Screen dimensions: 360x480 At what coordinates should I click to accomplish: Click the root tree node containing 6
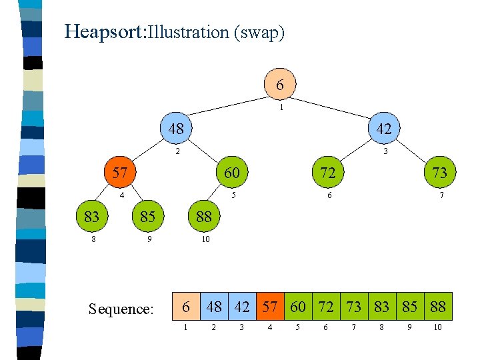click(x=280, y=85)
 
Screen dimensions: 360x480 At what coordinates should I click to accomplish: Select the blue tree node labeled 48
click(x=176, y=128)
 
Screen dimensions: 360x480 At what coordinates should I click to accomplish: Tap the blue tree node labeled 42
click(x=384, y=128)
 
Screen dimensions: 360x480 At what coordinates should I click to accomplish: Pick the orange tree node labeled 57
click(x=120, y=173)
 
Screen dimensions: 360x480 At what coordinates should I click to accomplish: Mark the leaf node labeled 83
click(x=93, y=216)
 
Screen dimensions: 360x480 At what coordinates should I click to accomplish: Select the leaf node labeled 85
click(x=148, y=216)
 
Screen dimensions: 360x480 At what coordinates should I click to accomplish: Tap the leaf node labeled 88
click(x=204, y=216)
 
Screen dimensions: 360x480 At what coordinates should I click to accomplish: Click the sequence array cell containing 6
click(x=187, y=307)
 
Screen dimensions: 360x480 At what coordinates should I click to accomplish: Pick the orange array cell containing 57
click(x=270, y=307)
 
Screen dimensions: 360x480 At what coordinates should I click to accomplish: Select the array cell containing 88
click(x=438, y=307)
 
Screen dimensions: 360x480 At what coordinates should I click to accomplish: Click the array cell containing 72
click(x=326, y=307)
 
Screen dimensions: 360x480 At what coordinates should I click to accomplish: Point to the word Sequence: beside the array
click(x=121, y=309)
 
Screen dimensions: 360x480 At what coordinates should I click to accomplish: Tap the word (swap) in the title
click(x=259, y=32)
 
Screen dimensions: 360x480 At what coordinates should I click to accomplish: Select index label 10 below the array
click(x=438, y=327)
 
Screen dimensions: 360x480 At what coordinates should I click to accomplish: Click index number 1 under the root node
click(x=282, y=107)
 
